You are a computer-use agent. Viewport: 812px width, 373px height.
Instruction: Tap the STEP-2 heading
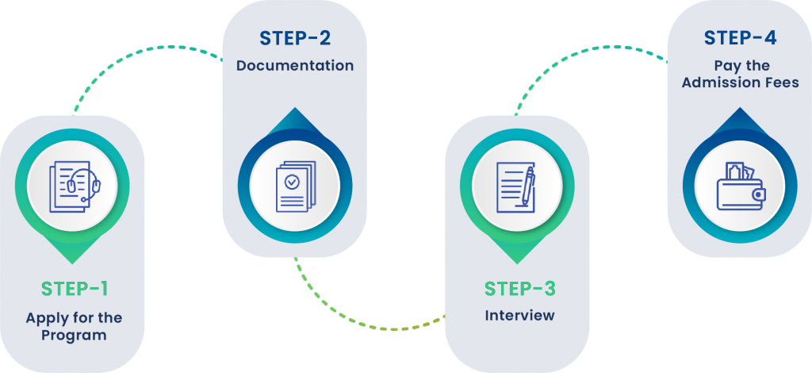294,38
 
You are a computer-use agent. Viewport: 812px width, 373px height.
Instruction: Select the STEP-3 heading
519,286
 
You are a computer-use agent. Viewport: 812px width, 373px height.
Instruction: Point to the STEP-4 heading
740,37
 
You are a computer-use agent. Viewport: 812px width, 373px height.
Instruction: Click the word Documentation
295,65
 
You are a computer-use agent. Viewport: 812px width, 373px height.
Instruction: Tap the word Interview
519,315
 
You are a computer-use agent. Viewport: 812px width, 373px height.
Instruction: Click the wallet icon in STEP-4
740,189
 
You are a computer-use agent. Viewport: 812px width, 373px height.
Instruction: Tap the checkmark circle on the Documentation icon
293,182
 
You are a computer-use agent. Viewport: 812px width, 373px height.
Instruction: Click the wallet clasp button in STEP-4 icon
759,194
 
